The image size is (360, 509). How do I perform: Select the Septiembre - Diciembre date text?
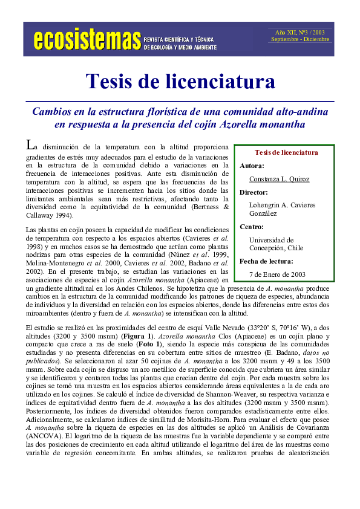point(299,39)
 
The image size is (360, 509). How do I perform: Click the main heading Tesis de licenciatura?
point(180,80)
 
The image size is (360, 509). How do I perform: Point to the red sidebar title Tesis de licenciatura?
point(286,152)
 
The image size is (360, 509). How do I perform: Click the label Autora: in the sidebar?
point(252,165)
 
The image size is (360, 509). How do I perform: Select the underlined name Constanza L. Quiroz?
point(279,179)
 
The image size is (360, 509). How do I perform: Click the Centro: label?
point(252,227)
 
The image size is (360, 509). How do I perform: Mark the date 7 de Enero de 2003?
point(277,274)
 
